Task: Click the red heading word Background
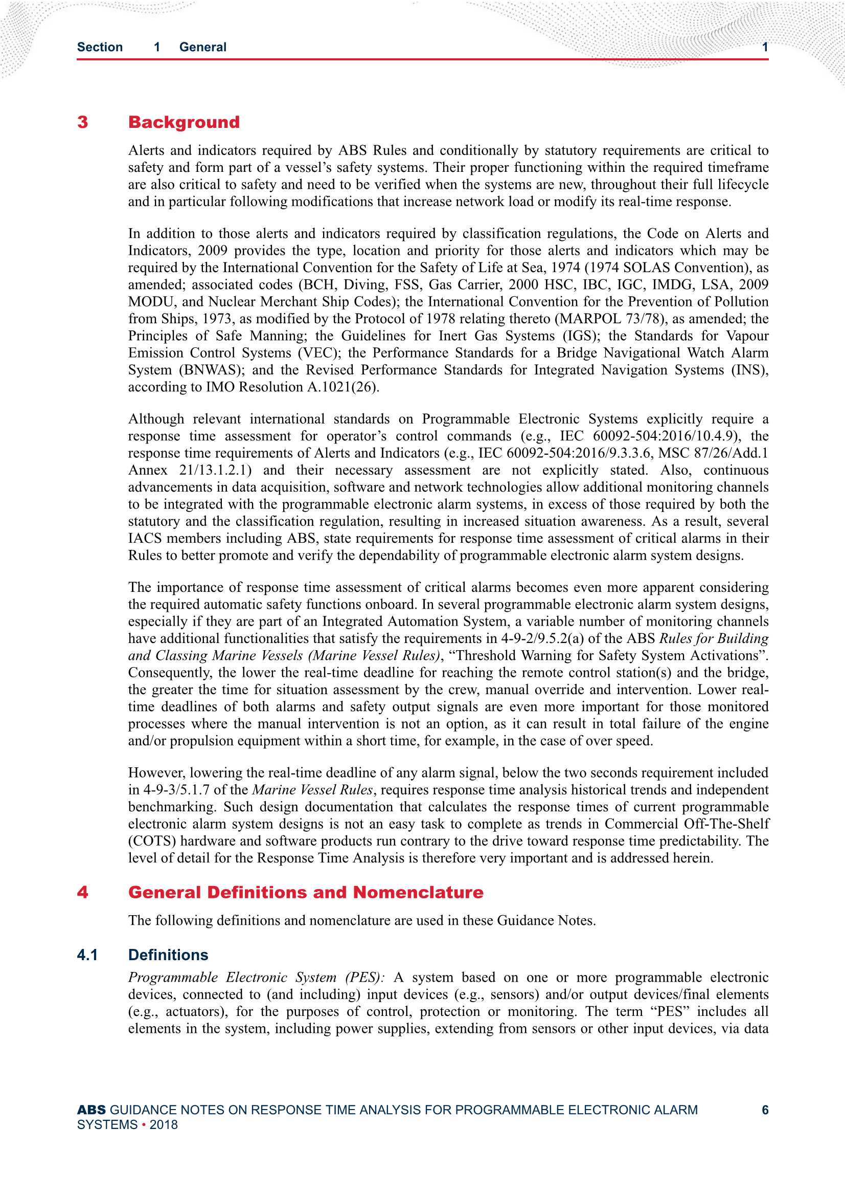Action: click(x=184, y=122)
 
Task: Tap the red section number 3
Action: click(x=83, y=122)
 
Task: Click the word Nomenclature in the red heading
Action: click(x=418, y=892)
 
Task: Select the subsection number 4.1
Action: click(x=87, y=955)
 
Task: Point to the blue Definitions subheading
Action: click(x=168, y=955)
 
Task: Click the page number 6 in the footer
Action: click(x=765, y=1110)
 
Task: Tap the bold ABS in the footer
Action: click(x=91, y=1110)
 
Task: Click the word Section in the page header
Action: click(x=100, y=47)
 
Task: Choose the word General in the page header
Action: click(x=202, y=47)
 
